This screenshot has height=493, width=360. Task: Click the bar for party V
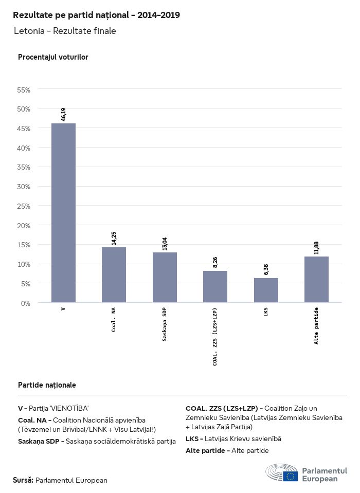63,213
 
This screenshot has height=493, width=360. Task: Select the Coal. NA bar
114,275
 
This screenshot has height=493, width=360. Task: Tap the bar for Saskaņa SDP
165,277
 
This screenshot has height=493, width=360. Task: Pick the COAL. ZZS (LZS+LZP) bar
215,286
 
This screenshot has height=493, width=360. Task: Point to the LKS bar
266,290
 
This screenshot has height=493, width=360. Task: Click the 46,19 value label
63,114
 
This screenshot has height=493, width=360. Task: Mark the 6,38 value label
266,269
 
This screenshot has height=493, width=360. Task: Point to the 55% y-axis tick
24,89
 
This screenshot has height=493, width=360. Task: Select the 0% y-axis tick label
26,303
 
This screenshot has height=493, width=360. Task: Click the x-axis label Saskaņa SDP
165,325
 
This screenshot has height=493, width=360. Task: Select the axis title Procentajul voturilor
53,57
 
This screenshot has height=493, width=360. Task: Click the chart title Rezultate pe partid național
96,15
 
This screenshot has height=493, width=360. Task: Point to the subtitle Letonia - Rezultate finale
65,31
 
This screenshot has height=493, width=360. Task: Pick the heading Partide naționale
47,385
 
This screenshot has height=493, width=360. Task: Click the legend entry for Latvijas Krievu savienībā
233,439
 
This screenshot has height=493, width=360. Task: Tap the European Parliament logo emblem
281,473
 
